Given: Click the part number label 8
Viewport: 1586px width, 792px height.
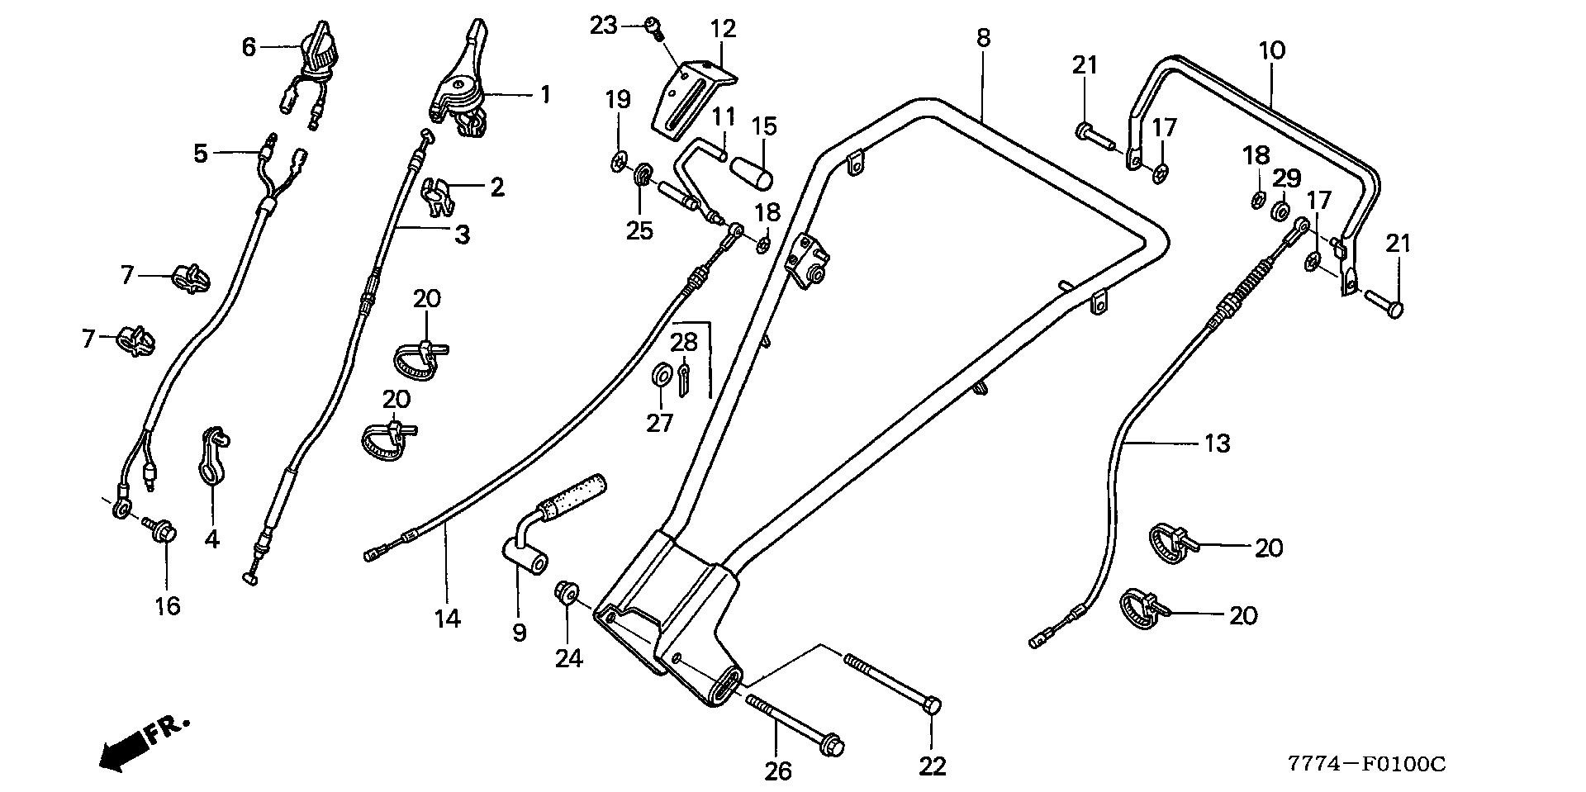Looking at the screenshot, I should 982,38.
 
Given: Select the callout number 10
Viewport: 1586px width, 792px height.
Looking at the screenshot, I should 1272,50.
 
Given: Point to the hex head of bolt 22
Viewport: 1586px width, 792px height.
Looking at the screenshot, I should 932,706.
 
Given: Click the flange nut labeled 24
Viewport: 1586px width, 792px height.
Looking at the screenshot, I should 567,593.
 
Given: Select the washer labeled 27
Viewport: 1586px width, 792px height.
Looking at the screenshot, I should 661,376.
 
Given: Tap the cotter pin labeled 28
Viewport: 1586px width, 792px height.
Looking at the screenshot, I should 685,381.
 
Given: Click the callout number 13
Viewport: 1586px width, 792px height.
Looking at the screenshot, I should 1218,443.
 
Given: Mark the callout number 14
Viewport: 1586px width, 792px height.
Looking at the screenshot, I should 448,618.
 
